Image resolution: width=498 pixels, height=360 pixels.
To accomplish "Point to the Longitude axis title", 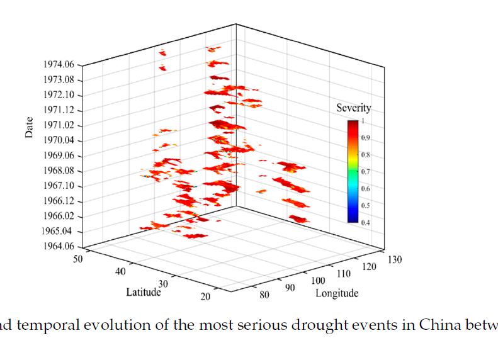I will pyautogui.click(x=337, y=293).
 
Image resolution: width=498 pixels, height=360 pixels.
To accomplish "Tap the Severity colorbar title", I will pyautogui.click(x=354, y=108).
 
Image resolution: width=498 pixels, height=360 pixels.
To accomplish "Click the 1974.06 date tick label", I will pyautogui.click(x=59, y=64).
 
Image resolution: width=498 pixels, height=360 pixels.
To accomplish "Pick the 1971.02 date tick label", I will pyautogui.click(x=59, y=125).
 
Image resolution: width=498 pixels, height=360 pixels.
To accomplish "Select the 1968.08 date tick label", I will pyautogui.click(x=59, y=171).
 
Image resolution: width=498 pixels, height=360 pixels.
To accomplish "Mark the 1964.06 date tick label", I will pyautogui.click(x=59, y=247).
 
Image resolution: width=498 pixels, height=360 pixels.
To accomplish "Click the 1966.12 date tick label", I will pyautogui.click(x=59, y=201).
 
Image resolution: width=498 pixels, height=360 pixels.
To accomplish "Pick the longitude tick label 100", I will pyautogui.click(x=318, y=279).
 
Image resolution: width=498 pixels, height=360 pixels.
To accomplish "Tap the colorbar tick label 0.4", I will pyautogui.click(x=365, y=222).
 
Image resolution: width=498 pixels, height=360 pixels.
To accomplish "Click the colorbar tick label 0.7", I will pyautogui.click(x=365, y=171).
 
